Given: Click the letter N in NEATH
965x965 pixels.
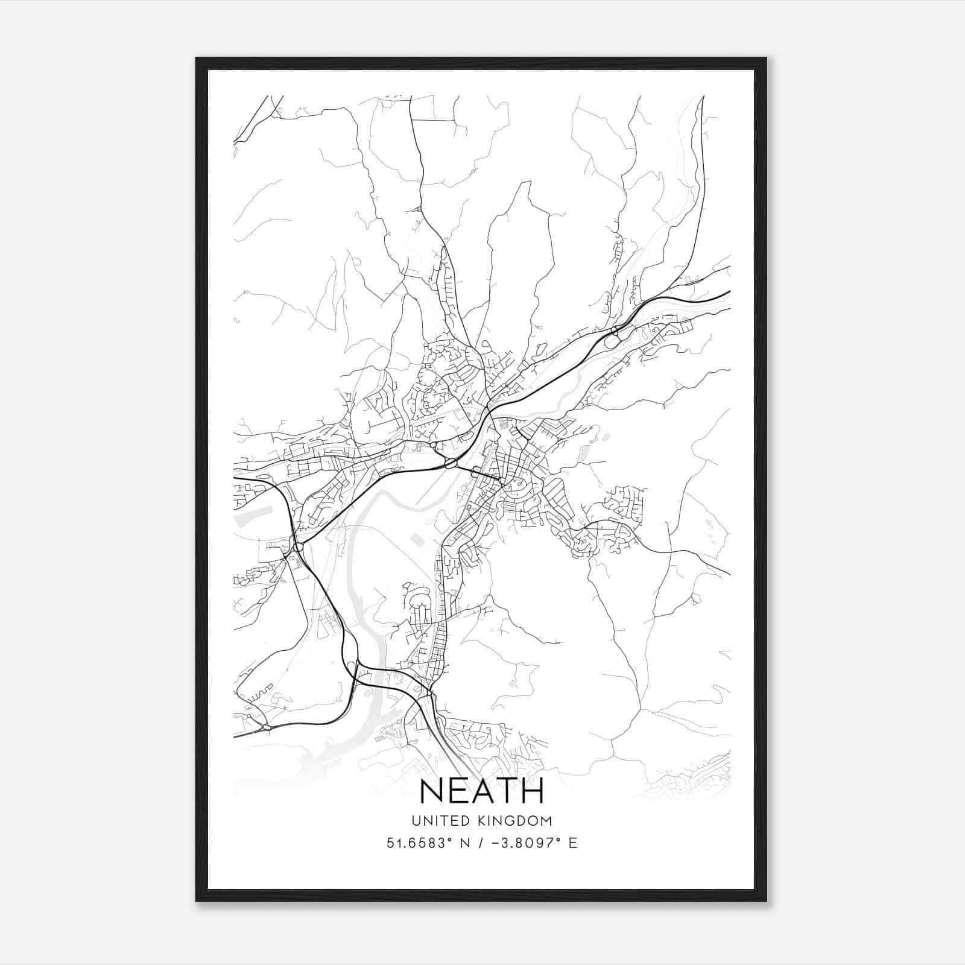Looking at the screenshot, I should pyautogui.click(x=433, y=791).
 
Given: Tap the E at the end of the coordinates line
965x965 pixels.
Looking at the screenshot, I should pyautogui.click(x=573, y=843).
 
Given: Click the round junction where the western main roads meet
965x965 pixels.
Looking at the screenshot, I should pyautogui.click(x=298, y=547).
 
